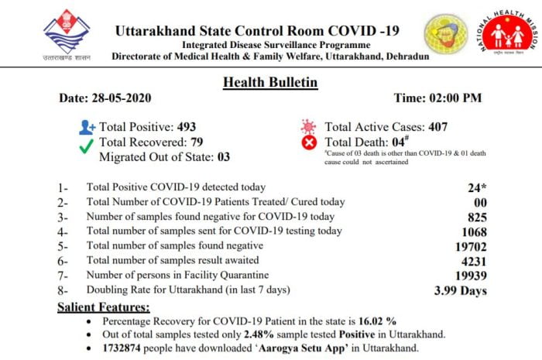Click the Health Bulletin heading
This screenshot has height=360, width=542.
[270, 82]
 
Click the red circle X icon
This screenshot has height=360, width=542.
[310, 142]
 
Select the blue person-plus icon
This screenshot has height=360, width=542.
[87, 127]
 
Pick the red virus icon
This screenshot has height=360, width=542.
[309, 126]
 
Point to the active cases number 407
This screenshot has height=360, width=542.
[432, 127]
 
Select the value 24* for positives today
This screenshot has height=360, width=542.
[476, 187]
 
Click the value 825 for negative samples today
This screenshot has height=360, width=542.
[475, 217]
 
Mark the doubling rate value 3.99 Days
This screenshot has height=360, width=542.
[461, 291]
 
